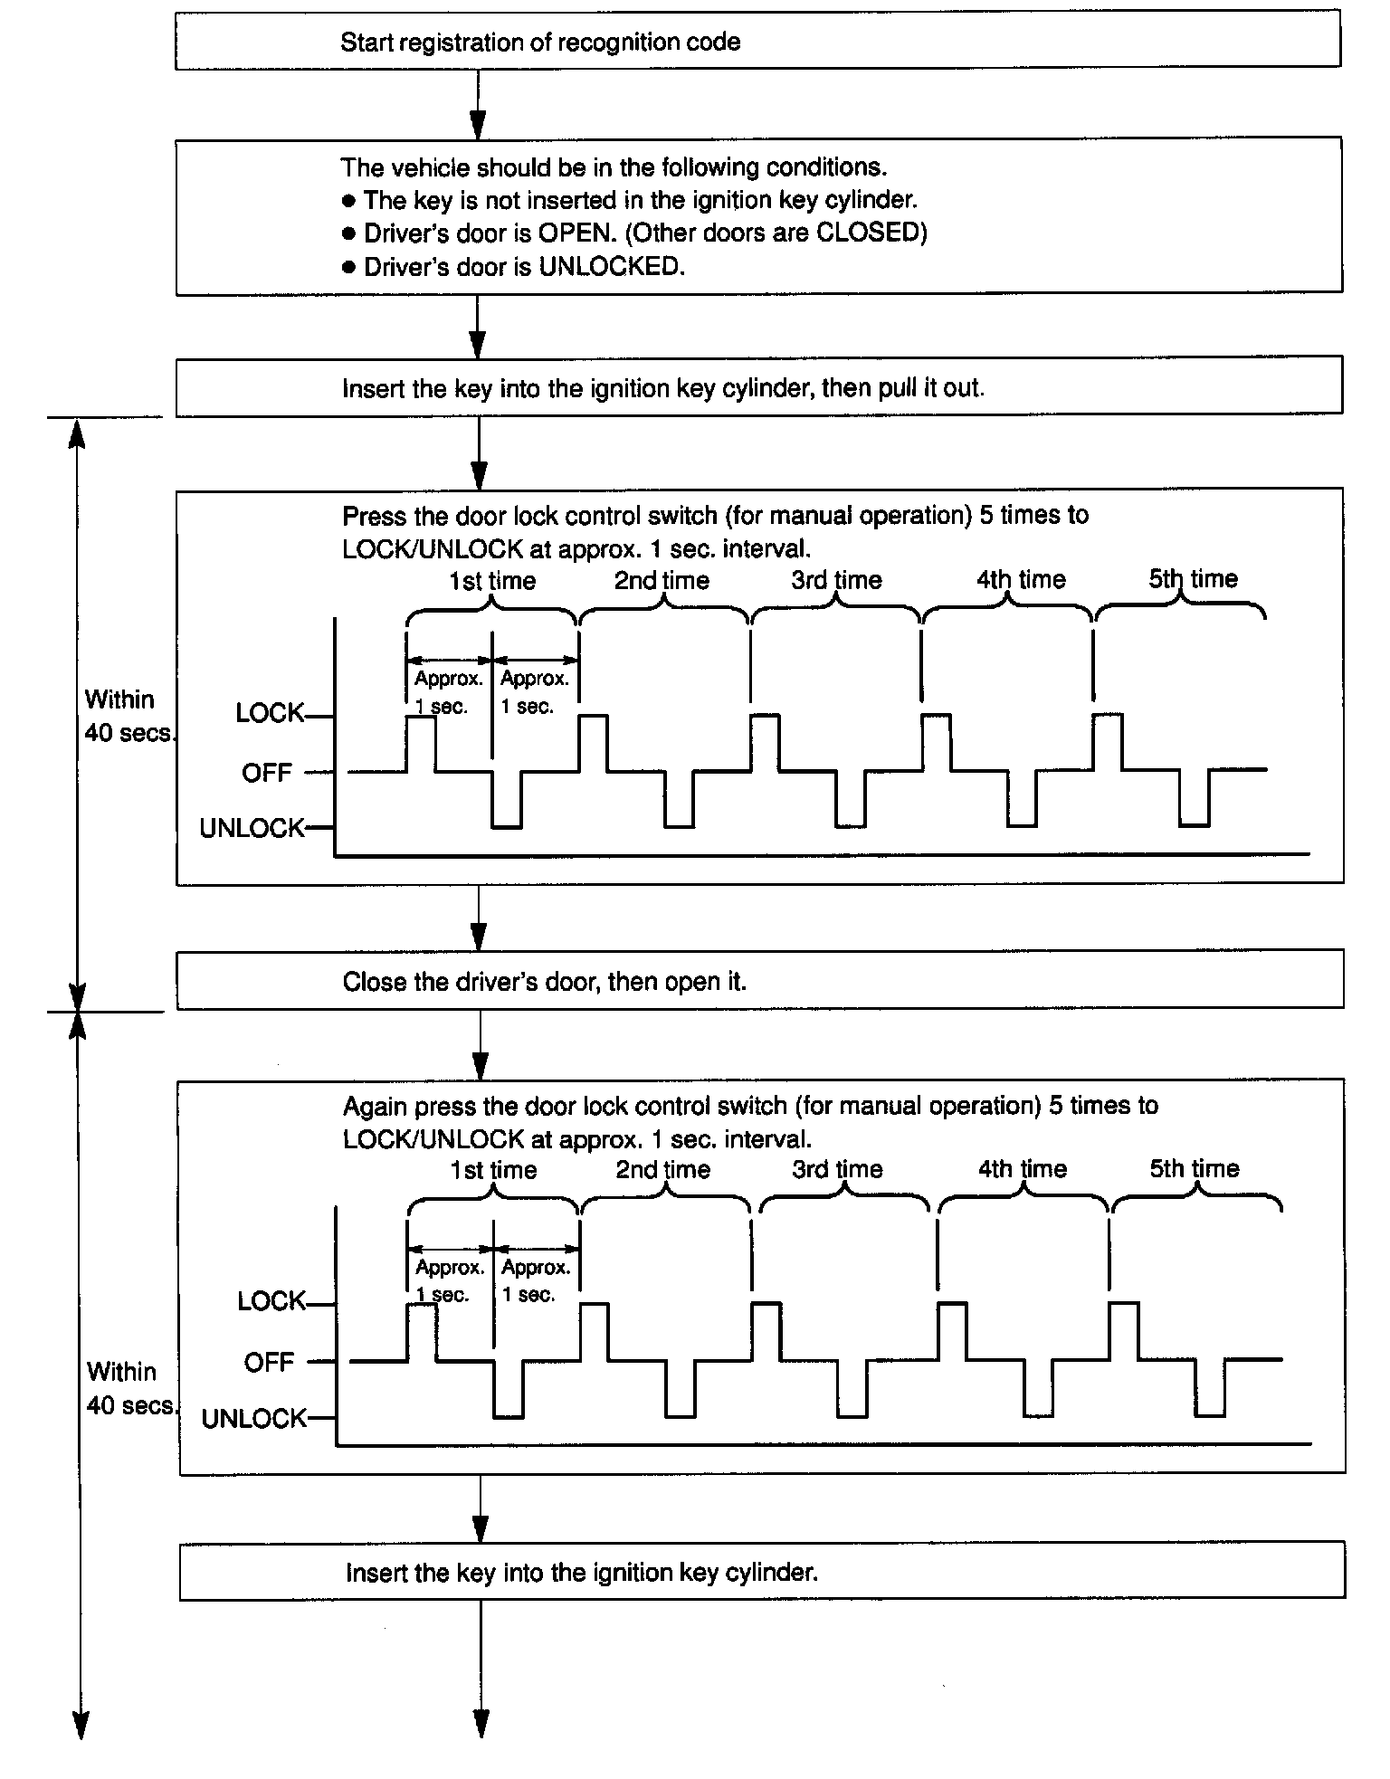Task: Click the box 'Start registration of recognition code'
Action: point(757,42)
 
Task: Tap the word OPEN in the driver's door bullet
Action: point(576,233)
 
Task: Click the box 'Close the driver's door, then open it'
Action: point(759,981)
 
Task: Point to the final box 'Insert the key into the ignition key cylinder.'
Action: point(761,1573)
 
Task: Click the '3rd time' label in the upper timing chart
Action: point(836,580)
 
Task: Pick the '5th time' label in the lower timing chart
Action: point(1194,1168)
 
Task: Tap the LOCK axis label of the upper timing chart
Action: point(269,714)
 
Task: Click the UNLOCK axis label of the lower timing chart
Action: point(253,1418)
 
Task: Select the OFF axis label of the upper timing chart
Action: point(267,774)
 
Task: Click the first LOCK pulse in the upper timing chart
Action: point(422,742)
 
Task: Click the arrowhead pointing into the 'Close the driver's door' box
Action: point(479,936)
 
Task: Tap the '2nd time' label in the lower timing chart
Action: point(662,1170)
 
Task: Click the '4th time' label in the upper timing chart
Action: point(1021,580)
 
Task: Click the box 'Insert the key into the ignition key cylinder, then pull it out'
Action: point(758,388)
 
